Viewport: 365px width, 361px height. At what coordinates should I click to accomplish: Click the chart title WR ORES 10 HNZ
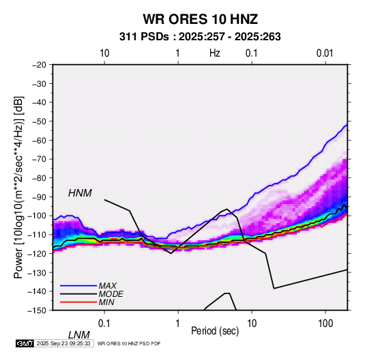tap(200, 19)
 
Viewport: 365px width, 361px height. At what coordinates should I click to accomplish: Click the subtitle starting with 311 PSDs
tap(200, 37)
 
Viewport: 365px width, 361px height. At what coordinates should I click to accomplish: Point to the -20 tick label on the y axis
tap(39, 65)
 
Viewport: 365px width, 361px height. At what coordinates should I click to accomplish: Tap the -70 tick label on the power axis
tap(39, 159)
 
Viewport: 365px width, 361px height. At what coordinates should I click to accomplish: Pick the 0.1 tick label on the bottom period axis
tap(104, 323)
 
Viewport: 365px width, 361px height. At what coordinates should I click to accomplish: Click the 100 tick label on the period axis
tap(325, 323)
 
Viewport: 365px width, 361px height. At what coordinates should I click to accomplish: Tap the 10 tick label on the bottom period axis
tap(252, 323)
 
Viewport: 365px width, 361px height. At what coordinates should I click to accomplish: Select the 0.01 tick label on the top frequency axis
tap(325, 53)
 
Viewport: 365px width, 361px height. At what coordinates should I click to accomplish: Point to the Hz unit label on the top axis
tap(215, 53)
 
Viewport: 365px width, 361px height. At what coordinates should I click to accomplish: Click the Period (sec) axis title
tap(215, 331)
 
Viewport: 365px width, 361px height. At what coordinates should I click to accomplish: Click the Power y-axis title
tap(18, 187)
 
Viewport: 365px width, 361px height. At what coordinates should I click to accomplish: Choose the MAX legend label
tap(107, 285)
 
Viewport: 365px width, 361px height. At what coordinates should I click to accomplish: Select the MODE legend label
tap(111, 294)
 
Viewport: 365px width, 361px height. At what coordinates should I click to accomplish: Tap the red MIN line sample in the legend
tap(78, 302)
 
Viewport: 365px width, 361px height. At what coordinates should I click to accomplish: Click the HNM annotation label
tap(80, 193)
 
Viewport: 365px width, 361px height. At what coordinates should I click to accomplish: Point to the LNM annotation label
tap(79, 335)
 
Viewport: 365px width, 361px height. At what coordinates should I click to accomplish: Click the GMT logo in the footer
tap(25, 343)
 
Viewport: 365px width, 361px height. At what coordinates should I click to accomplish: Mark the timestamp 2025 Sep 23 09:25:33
tap(63, 343)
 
